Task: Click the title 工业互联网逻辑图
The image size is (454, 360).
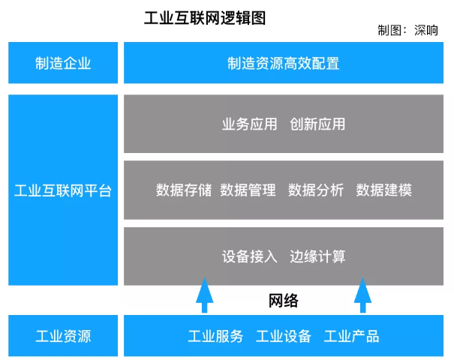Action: pyautogui.click(x=205, y=17)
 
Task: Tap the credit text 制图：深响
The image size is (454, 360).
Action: pyautogui.click(x=408, y=31)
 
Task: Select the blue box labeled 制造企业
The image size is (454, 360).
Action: pyautogui.click(x=63, y=63)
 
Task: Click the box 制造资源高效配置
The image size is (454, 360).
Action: pyautogui.click(x=284, y=63)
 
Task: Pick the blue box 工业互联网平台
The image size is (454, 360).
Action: pyautogui.click(x=63, y=190)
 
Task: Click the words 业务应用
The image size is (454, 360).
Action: pyautogui.click(x=250, y=124)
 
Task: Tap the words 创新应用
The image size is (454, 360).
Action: pyautogui.click(x=317, y=124)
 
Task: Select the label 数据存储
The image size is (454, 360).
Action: pyautogui.click(x=184, y=190)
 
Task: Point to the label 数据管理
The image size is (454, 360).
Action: pyautogui.click(x=248, y=190)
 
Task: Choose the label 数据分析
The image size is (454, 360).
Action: pyautogui.click(x=316, y=190)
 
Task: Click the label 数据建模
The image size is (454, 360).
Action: pyautogui.click(x=383, y=190)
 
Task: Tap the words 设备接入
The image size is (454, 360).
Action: pyautogui.click(x=250, y=256)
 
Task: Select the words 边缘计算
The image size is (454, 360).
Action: pyautogui.click(x=317, y=256)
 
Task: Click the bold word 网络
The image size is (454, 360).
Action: pyautogui.click(x=284, y=301)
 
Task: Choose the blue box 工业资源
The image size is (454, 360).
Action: pyautogui.click(x=63, y=336)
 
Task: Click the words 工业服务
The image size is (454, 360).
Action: pyautogui.click(x=215, y=336)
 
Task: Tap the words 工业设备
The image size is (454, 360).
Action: pyautogui.click(x=284, y=336)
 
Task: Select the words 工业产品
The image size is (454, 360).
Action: pyautogui.click(x=351, y=336)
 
